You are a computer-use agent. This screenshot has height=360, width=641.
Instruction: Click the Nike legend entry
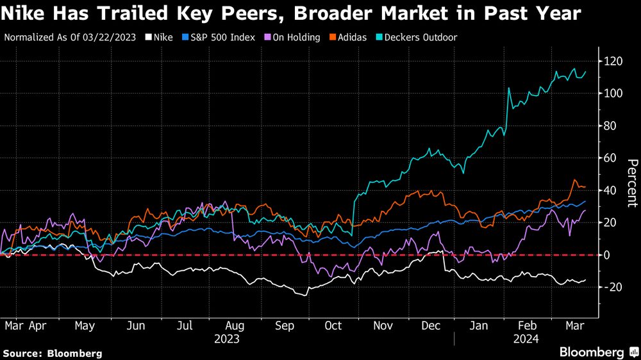[160, 38]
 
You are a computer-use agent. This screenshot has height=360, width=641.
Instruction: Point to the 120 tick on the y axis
[612, 61]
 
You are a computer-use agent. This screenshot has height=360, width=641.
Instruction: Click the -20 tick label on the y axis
[612, 287]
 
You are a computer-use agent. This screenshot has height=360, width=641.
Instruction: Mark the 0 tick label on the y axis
[610, 255]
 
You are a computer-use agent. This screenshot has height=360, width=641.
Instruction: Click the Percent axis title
[631, 183]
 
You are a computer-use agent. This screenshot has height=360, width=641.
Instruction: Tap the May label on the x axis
[85, 325]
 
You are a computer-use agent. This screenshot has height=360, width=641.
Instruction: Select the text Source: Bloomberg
[53, 353]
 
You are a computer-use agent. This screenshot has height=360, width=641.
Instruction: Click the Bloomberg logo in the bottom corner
[595, 352]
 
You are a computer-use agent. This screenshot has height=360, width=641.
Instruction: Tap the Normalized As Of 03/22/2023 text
[70, 38]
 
